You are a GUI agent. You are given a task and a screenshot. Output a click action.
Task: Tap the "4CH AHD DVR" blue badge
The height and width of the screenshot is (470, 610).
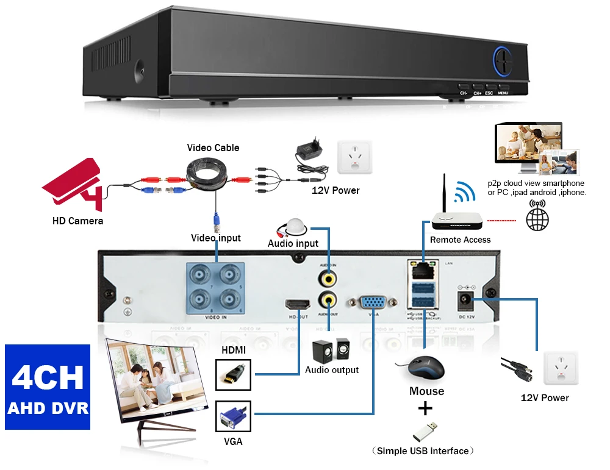pyautogui.click(x=48, y=387)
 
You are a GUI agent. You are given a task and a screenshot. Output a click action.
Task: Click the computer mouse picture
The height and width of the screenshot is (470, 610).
pyautogui.click(x=423, y=368)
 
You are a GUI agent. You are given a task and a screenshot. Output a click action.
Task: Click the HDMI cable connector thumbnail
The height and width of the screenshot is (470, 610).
pyautogui.click(x=234, y=374)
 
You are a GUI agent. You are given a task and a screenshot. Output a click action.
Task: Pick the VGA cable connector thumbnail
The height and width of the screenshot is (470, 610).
pyautogui.click(x=234, y=417)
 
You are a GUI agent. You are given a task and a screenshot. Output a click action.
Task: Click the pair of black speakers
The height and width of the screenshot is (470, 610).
pyautogui.click(x=331, y=351)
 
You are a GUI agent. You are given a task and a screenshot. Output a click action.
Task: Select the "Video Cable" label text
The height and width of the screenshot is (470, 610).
pyautogui.click(x=213, y=148)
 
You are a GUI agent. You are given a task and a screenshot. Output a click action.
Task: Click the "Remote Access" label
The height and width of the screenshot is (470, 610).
pyautogui.click(x=460, y=240)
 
